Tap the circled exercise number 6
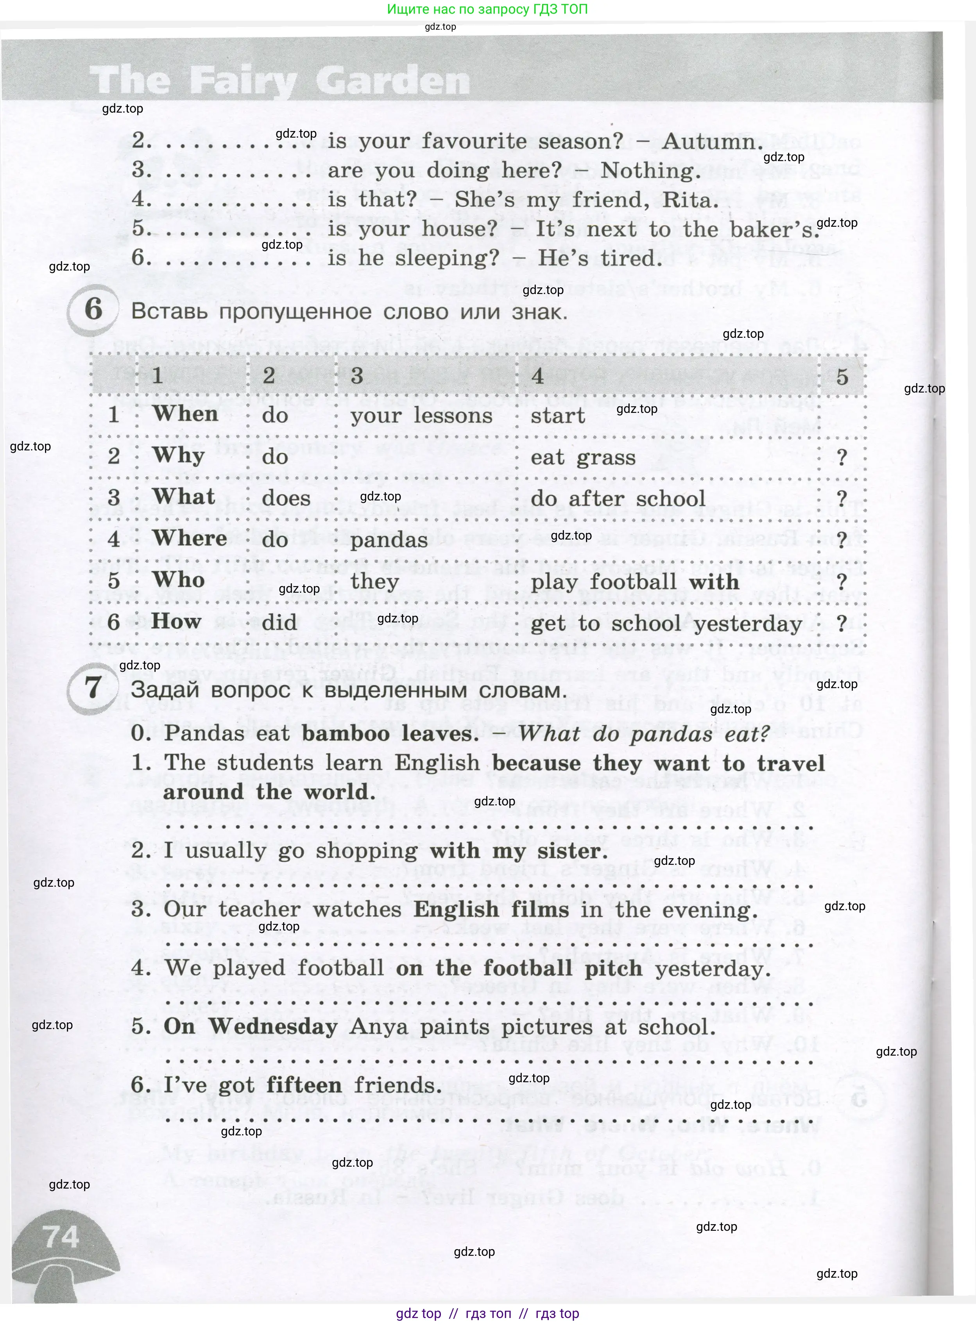click(93, 309)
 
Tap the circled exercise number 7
click(93, 687)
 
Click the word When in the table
click(186, 414)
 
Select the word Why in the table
click(178, 455)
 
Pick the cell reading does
click(286, 498)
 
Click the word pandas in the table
click(389, 540)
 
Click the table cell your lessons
click(421, 416)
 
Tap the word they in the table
click(374, 581)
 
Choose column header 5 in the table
click(842, 377)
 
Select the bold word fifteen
click(304, 1085)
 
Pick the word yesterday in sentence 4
click(713, 968)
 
